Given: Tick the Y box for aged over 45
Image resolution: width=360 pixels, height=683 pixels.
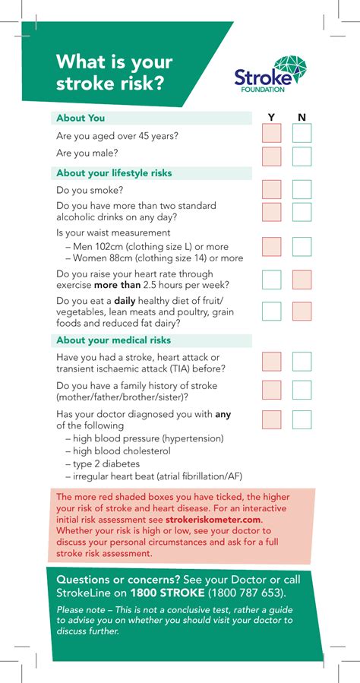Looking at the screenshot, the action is [x=272, y=134].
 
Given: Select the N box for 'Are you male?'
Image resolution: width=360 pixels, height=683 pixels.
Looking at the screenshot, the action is [x=302, y=157].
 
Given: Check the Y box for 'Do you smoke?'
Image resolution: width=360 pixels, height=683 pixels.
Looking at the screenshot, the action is [x=272, y=190].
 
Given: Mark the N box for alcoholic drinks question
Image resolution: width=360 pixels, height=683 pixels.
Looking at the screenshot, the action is [x=302, y=212].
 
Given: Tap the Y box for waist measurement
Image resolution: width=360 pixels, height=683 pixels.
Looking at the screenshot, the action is [x=272, y=246].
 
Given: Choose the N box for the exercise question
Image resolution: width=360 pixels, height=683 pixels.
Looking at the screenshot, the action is [x=302, y=280].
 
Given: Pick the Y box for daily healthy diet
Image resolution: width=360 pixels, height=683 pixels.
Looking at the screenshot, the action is [x=272, y=311].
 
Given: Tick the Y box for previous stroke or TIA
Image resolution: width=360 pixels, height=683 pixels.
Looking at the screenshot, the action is [x=272, y=362].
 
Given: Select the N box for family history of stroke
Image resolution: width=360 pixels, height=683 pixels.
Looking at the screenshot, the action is [x=302, y=390].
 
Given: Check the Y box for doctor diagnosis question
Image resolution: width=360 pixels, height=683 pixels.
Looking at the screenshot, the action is [x=272, y=419].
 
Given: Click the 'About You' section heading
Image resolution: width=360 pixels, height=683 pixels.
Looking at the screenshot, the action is [x=81, y=118].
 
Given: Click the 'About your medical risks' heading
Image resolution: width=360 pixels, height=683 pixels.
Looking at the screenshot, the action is [x=113, y=340].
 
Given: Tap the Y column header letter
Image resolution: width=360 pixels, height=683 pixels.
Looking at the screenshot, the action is [x=272, y=118].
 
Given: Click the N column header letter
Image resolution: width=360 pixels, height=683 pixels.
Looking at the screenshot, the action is [x=302, y=118].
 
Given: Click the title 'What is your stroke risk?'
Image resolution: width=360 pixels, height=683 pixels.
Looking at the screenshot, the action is [x=114, y=72].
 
